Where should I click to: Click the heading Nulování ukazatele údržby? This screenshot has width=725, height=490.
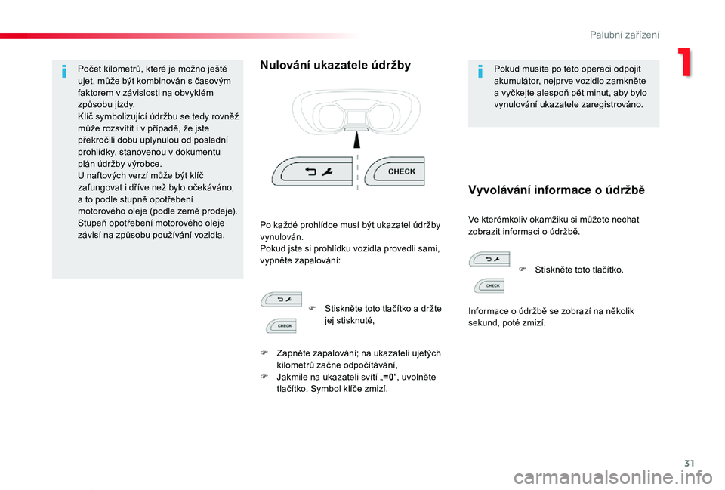click(335, 66)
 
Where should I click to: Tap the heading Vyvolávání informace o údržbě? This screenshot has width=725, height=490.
click(557, 190)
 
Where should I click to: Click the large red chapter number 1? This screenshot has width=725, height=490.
click(685, 63)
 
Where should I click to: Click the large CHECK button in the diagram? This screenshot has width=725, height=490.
click(398, 171)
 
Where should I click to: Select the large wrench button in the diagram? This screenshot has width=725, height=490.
click(313, 171)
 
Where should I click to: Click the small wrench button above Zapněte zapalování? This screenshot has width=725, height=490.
click(281, 299)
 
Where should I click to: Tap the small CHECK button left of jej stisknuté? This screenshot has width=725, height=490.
click(281, 325)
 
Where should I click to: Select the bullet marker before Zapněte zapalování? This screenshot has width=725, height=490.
click(265, 353)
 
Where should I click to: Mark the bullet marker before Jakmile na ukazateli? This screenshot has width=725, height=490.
click(265, 377)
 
